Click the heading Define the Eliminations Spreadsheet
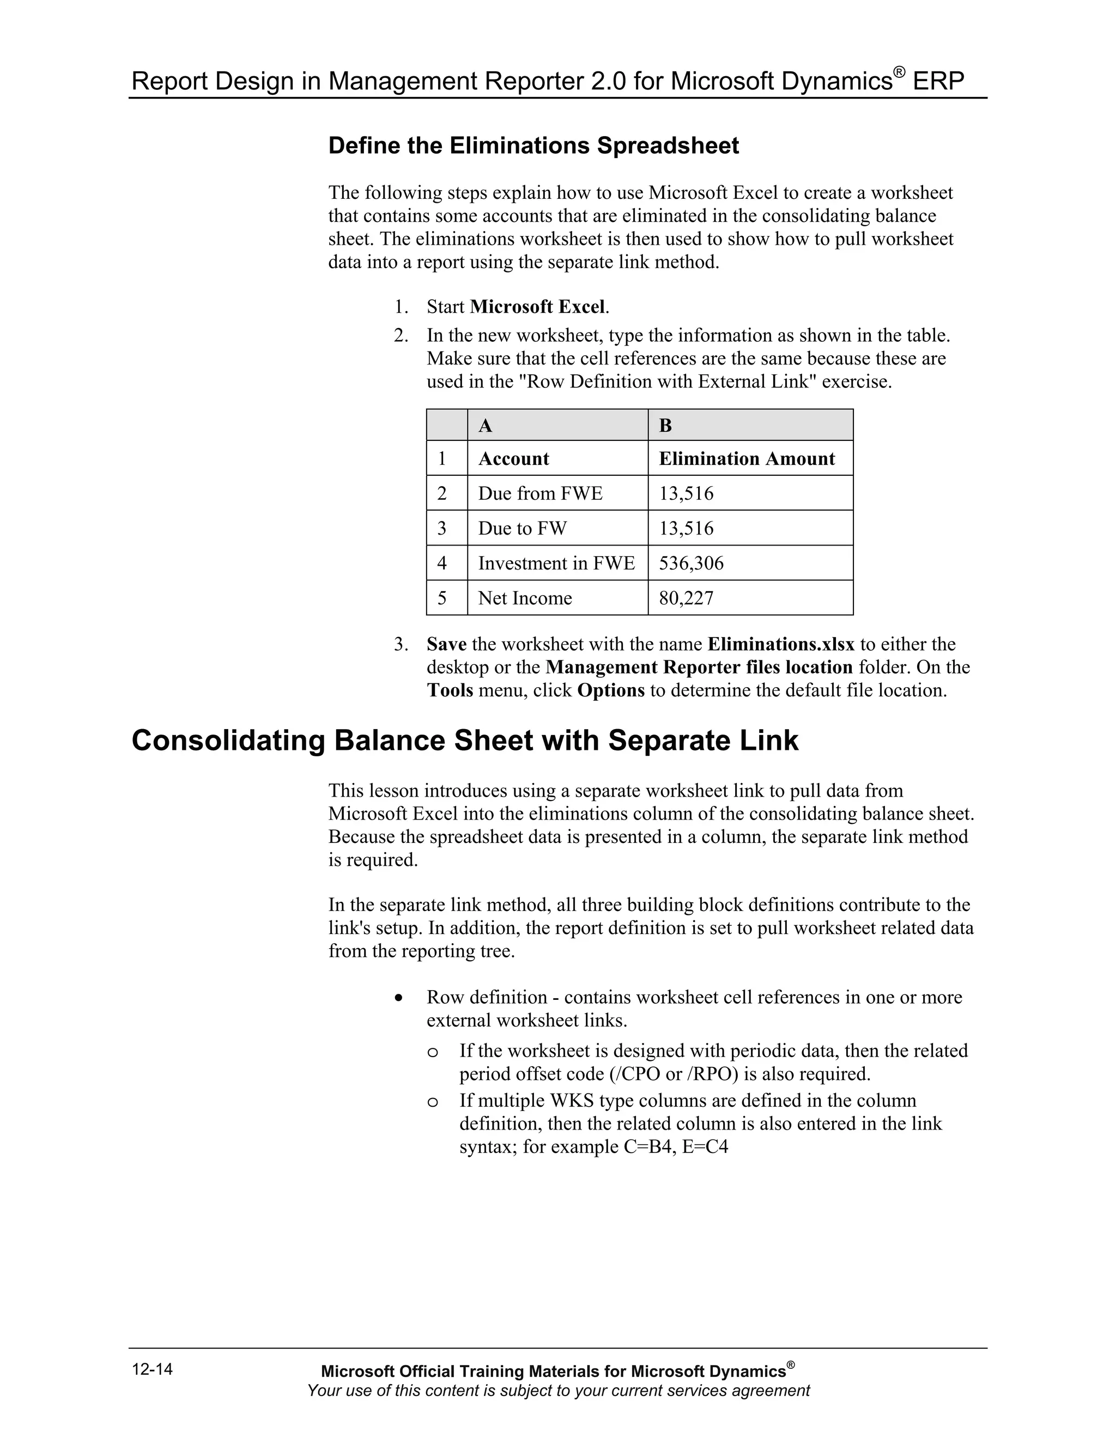click(x=533, y=145)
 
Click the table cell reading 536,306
click(x=691, y=563)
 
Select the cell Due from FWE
click(x=540, y=493)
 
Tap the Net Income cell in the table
click(x=525, y=598)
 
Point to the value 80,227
click(x=686, y=598)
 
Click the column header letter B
click(x=665, y=426)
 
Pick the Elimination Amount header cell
click(x=747, y=459)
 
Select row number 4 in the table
click(x=441, y=563)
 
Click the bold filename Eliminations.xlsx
click(x=781, y=644)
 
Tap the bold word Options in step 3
click(x=610, y=690)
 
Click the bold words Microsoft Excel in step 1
click(x=537, y=307)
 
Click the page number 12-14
click(x=152, y=1369)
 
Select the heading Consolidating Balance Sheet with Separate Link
click(x=465, y=741)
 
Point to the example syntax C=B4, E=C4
click(x=675, y=1147)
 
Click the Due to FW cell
click(x=522, y=528)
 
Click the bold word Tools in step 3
click(x=450, y=690)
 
